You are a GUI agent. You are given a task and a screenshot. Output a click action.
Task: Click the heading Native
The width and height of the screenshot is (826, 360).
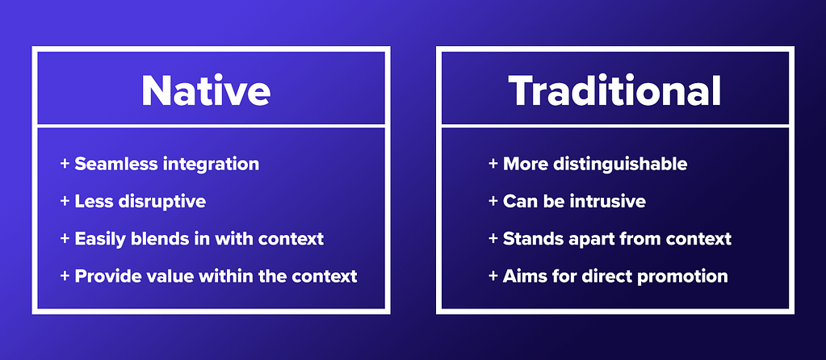206,90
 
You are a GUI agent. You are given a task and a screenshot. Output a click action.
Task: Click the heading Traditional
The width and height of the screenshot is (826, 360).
614,90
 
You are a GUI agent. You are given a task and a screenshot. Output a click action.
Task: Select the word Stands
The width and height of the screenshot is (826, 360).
527,238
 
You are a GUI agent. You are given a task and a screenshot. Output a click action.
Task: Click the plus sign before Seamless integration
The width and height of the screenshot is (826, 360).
65,164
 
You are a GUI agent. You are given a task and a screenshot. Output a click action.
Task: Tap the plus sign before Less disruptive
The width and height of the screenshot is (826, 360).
65,201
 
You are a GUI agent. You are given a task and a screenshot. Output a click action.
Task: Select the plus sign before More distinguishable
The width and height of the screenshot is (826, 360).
493,164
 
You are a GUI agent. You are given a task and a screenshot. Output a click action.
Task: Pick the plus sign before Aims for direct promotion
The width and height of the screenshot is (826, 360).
493,276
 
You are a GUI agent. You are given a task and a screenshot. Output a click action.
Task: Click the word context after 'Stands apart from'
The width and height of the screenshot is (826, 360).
698,239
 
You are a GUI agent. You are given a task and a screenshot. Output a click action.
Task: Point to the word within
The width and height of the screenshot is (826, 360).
213,276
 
